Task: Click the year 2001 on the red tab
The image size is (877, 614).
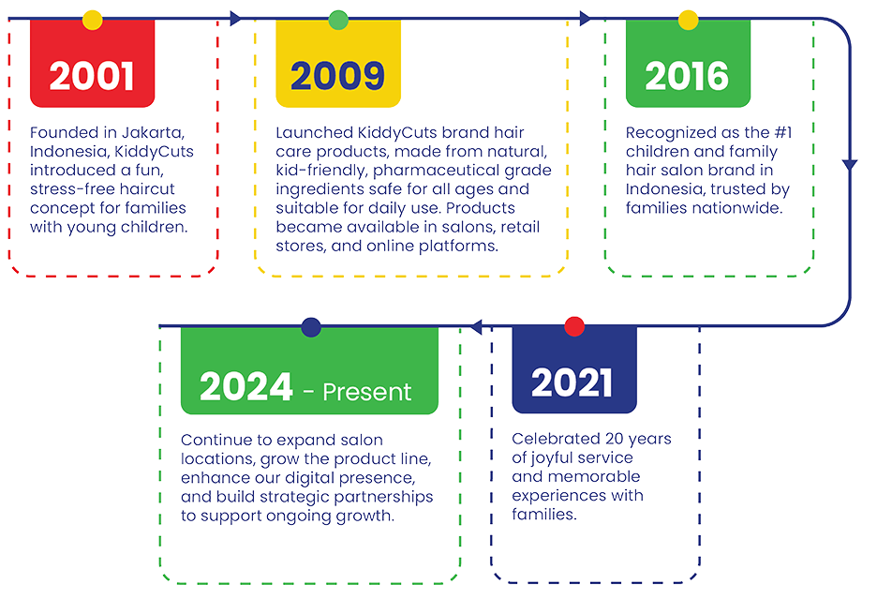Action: coord(92,76)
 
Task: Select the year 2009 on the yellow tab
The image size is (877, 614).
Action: coord(338,76)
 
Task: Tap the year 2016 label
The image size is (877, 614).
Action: coord(687,76)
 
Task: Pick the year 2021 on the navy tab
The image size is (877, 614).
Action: coord(572,383)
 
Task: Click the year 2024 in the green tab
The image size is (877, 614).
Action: coord(246,387)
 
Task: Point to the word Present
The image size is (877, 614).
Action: coord(367,392)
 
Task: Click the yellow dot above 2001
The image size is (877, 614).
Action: coord(92,20)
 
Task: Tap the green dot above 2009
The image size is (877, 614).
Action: coord(338,20)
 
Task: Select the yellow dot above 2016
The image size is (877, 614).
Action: coord(688,20)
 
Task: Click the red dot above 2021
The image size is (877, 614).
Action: coord(574,326)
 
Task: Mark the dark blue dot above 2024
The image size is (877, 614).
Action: coord(311,327)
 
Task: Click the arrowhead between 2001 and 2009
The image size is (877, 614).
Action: coord(235,19)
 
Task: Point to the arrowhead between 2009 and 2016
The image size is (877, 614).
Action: coord(585,19)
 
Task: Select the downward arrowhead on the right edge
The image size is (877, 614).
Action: coord(850,165)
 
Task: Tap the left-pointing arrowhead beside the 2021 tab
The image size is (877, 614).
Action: coord(476,326)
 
